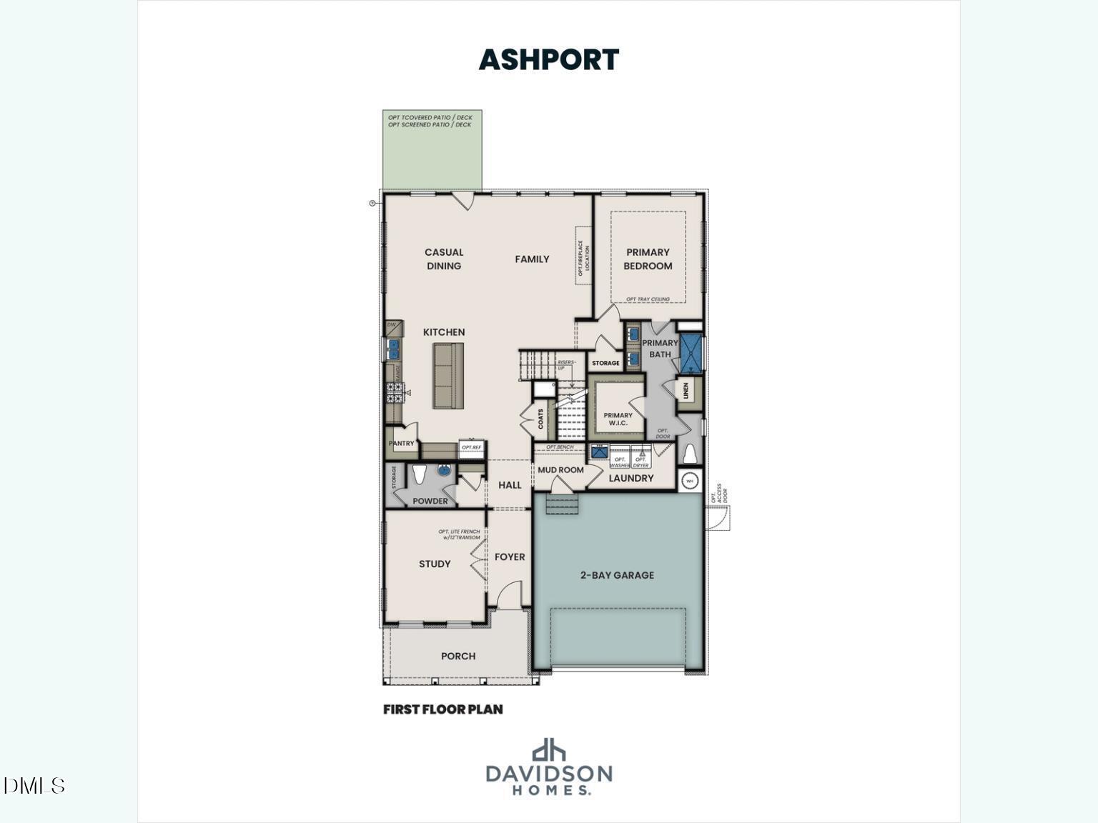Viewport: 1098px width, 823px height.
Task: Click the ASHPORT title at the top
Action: click(548, 59)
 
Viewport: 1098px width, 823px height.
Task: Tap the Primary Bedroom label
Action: click(648, 259)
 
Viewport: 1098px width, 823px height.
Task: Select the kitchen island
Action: click(448, 376)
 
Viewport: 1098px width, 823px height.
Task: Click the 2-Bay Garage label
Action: click(617, 574)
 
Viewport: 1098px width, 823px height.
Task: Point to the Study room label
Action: click(435, 564)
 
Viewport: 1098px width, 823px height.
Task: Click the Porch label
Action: click(458, 656)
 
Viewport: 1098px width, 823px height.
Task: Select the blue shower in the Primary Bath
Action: click(691, 354)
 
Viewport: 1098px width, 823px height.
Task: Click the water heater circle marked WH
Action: click(690, 481)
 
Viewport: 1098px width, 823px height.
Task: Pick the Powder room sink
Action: click(445, 471)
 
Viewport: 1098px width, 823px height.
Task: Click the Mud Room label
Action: click(560, 470)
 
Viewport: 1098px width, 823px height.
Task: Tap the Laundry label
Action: click(630, 478)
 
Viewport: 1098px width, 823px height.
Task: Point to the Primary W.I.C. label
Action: click(618, 419)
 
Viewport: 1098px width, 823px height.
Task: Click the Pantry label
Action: click(401, 444)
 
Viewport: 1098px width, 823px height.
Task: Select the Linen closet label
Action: click(686, 391)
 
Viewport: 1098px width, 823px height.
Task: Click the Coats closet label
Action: click(541, 419)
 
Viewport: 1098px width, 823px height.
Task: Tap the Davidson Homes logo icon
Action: click(548, 749)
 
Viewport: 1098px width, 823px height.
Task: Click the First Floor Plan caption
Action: click(442, 709)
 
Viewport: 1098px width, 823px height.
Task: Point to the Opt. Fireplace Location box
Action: click(584, 256)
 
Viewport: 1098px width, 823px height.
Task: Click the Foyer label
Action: click(510, 557)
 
